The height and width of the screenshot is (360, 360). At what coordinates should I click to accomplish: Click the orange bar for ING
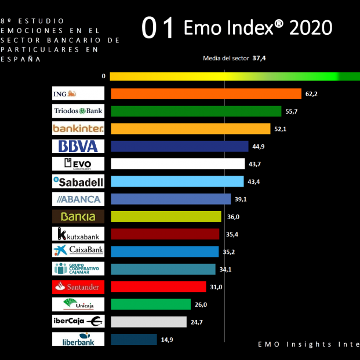[206, 94]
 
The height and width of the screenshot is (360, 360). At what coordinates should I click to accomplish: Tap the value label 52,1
[281, 129]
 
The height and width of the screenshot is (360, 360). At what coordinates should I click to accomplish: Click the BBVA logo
[78, 146]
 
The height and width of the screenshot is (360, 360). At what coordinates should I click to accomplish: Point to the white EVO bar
[177, 164]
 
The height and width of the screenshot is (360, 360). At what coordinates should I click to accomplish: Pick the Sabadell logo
[78, 181]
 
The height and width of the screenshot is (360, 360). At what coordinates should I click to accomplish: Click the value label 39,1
[240, 199]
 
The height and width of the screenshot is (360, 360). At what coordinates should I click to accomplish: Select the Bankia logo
[78, 217]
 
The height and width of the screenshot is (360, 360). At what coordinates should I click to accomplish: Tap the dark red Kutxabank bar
[165, 234]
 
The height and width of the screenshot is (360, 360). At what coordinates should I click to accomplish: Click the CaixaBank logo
[78, 252]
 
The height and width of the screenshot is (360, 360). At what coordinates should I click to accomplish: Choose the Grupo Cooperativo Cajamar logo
[78, 269]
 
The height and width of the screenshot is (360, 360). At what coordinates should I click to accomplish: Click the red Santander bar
[158, 287]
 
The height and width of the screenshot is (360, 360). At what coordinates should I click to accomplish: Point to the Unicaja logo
[78, 304]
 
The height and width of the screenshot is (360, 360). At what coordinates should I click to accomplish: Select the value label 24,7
[197, 322]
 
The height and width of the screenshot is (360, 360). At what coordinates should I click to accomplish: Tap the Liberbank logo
[78, 339]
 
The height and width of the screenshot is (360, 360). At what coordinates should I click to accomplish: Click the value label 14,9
[167, 339]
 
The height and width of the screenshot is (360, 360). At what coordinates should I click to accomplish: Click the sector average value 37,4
[259, 58]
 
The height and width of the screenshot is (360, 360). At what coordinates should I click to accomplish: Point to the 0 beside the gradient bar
[103, 76]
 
